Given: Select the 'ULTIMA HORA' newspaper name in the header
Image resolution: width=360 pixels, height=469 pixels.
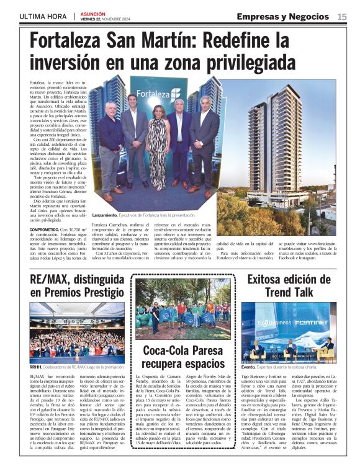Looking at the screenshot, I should tap(44, 17).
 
